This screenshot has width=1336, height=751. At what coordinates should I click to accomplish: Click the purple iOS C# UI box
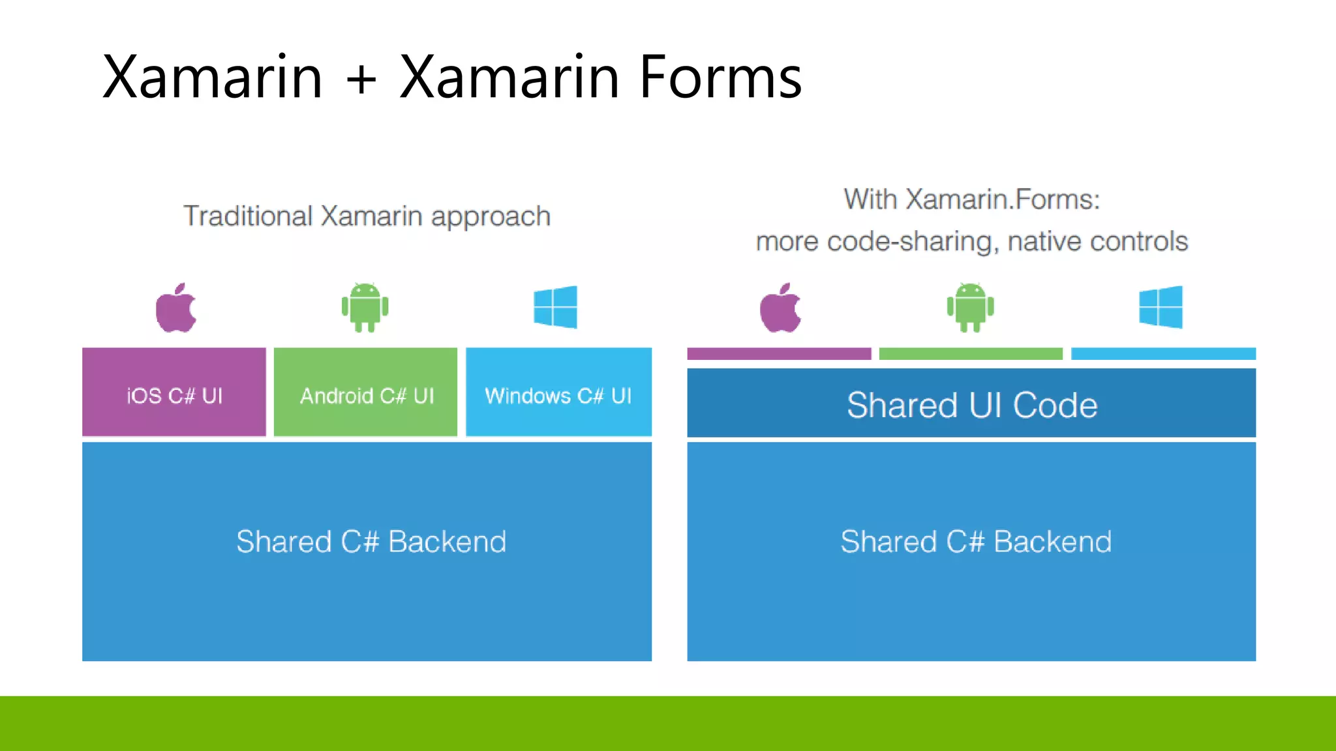(174, 392)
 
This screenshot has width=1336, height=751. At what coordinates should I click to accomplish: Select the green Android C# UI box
(365, 392)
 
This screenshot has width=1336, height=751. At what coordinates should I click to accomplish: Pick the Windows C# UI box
(558, 392)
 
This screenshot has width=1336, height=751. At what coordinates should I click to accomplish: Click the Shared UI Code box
(971, 404)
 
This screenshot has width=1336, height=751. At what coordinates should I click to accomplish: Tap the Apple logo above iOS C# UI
(175, 308)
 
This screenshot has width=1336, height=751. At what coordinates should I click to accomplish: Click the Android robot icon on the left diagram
(365, 307)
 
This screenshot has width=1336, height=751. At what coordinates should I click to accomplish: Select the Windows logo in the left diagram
(555, 307)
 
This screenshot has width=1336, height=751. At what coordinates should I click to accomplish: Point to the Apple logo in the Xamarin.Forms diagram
(780, 308)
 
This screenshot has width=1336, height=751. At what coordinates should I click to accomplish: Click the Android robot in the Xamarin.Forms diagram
(970, 307)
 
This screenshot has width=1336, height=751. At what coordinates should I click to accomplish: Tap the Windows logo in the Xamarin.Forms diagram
(1161, 307)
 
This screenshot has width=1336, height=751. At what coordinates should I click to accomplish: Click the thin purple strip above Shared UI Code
(779, 354)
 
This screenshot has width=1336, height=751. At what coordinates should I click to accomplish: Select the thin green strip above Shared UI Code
(971, 354)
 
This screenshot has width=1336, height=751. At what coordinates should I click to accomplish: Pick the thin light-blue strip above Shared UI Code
(1163, 354)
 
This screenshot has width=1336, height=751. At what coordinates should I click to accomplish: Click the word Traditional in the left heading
(248, 216)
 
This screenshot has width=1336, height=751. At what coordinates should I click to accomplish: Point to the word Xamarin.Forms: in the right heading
(1003, 199)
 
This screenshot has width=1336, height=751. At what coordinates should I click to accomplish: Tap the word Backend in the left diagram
(448, 542)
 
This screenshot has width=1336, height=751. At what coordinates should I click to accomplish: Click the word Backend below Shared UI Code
(1052, 542)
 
